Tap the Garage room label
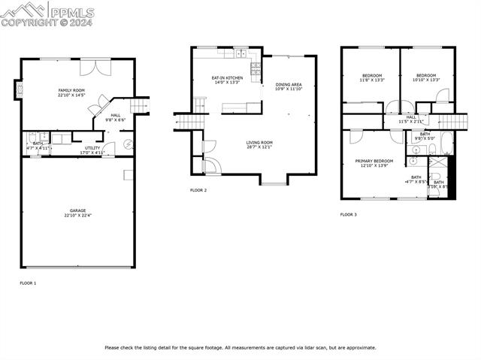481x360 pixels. tap(77, 213)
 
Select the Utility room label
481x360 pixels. tap(92, 150)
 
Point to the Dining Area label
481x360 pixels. tap(289, 86)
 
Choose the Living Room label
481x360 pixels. tap(259, 144)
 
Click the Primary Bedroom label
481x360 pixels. tap(374, 163)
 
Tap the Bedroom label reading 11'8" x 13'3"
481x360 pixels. tap(372, 77)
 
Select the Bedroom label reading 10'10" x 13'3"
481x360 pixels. tap(426, 77)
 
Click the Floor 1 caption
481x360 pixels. tap(28, 283)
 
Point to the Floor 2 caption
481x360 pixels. tap(198, 190)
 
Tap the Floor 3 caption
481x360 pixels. tap(348, 214)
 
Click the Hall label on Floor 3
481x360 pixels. tap(411, 119)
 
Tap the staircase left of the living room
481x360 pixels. tap(185, 120)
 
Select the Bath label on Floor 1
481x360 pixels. tap(37, 145)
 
